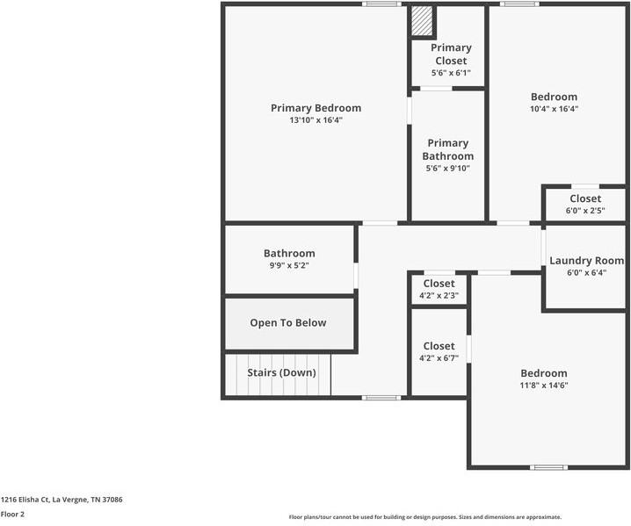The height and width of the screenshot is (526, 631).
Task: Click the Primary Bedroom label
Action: pos(315,108)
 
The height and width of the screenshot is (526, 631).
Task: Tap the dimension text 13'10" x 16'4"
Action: pos(315,120)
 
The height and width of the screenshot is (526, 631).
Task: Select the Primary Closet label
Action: pos(452,54)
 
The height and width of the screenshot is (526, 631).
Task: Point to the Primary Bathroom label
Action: pos(447,149)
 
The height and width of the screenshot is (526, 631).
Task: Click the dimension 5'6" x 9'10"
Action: pos(447,169)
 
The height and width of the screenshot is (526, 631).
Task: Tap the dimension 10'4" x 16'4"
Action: pos(554,110)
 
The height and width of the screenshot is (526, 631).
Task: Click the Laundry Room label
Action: pos(586,261)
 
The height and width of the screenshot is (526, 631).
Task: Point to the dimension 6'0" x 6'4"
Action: pos(586,273)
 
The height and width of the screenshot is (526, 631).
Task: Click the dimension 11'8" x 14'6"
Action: pos(544,385)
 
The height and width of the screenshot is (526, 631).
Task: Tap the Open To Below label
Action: pos(288,323)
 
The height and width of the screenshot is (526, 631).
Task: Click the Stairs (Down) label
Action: pos(281,373)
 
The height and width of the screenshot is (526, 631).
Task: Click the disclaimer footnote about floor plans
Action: pos(425,517)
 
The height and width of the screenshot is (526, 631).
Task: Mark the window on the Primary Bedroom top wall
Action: pos(382,4)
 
